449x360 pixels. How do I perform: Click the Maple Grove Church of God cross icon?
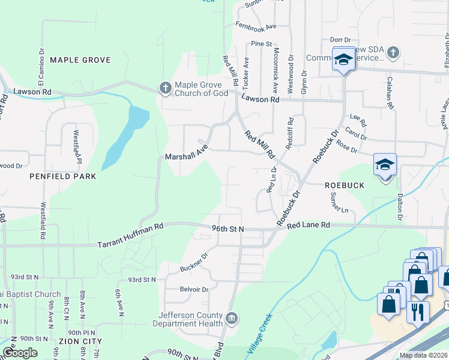point(165,89)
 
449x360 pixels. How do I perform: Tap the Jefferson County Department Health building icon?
point(232,317)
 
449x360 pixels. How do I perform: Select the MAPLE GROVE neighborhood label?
point(80,60)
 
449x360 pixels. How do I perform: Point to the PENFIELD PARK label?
point(63,177)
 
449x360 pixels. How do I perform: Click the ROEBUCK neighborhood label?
point(345,186)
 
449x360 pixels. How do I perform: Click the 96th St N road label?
point(228,229)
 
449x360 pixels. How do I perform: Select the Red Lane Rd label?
point(309,226)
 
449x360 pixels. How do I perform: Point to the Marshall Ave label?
point(187,152)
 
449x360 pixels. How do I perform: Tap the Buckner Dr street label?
point(193,262)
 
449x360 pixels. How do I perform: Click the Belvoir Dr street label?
point(194,289)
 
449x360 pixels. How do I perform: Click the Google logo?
point(20,353)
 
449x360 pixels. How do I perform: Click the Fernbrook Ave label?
point(256,26)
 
